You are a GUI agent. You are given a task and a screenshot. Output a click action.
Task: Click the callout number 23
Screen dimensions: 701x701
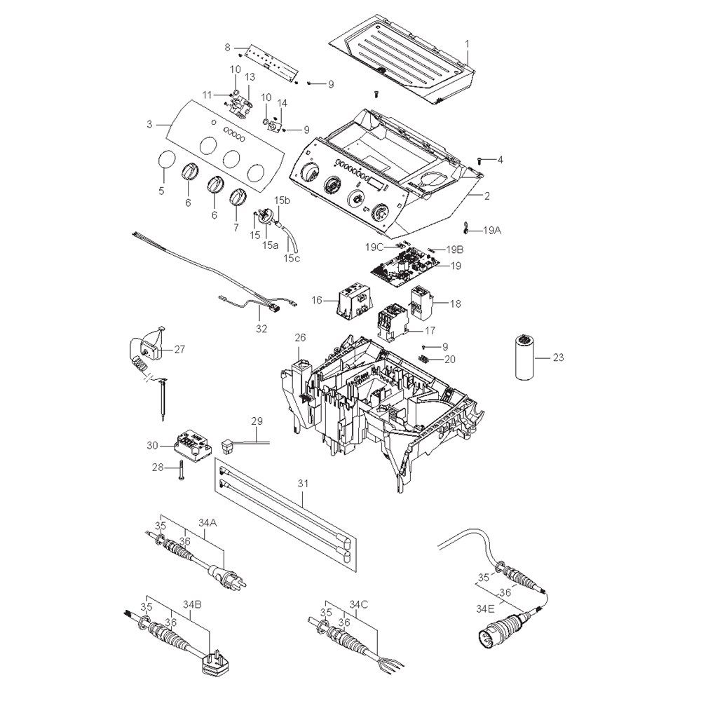point(558,357)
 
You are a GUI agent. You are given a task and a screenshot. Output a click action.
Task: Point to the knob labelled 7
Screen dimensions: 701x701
point(239,199)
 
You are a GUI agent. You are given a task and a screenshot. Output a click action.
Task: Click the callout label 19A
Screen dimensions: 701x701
point(491,229)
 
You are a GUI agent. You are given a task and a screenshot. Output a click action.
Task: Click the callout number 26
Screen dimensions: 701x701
point(300,338)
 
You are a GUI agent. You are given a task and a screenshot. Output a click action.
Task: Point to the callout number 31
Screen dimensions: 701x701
point(303,484)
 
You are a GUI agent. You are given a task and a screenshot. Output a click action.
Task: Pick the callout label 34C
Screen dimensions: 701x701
point(358,604)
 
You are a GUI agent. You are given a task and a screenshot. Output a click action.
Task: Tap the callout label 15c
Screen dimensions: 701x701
point(291,259)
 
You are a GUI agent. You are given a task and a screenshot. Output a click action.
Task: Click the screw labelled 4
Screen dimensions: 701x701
point(481,161)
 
